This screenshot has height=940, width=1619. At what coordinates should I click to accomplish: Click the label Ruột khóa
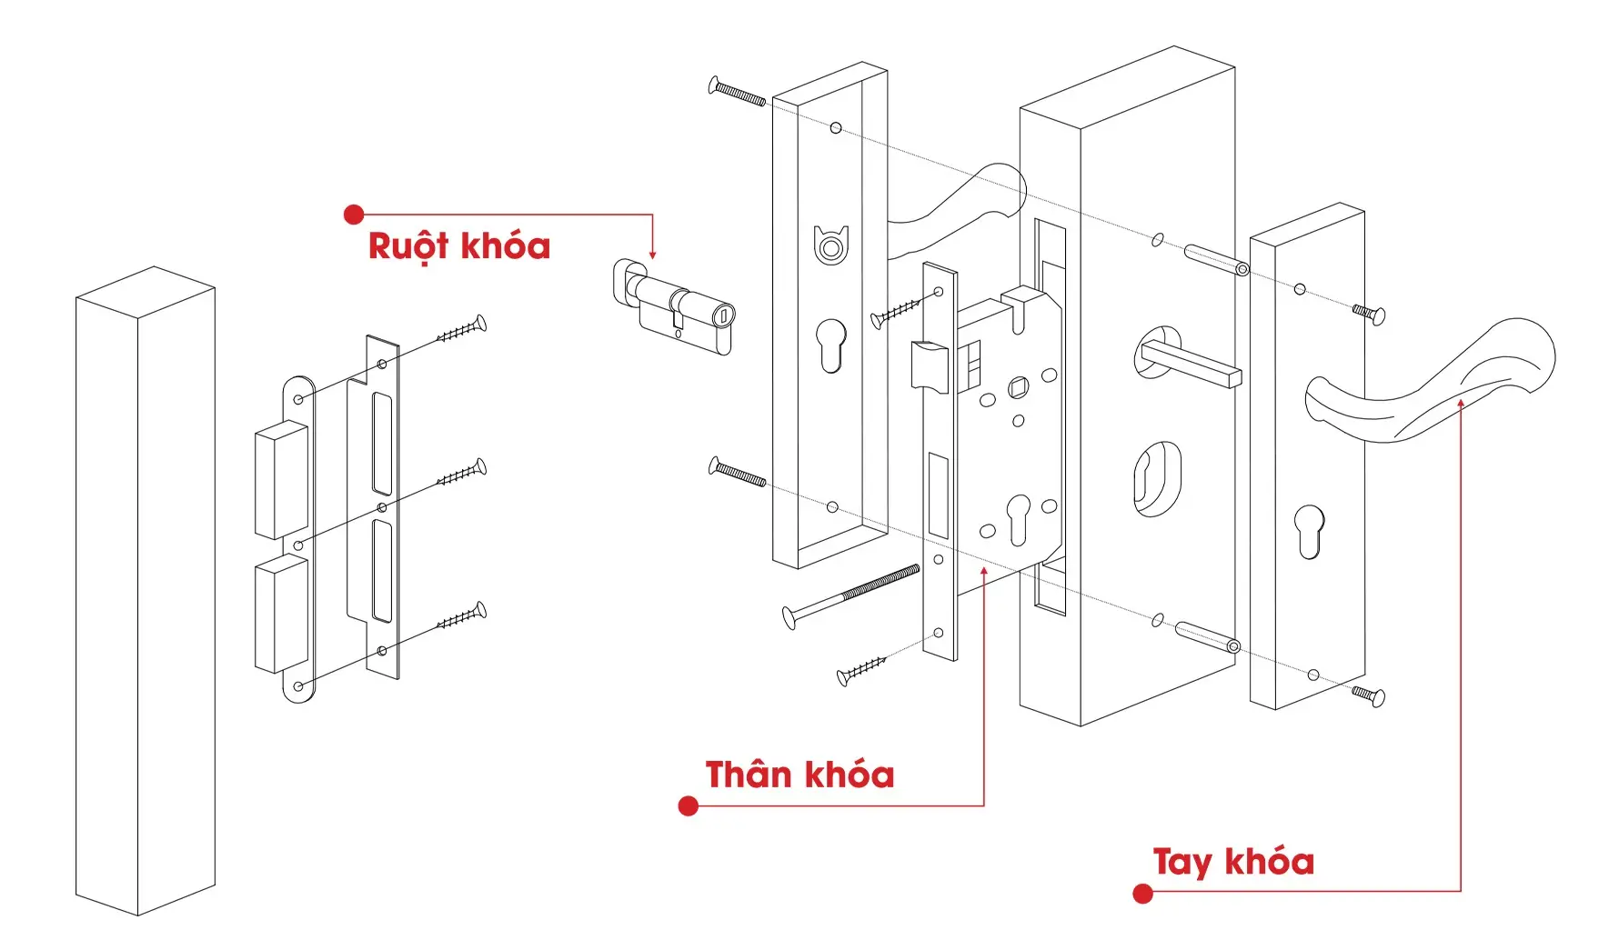pos(459,246)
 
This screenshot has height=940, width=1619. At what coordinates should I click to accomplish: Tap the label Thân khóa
pos(799,775)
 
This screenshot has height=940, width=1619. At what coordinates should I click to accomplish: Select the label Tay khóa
pos(1233,861)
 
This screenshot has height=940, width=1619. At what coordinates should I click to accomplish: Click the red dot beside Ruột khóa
pos(354,215)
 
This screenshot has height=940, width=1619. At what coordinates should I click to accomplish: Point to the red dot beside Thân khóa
pos(689,805)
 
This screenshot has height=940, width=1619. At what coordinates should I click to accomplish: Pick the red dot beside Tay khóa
pos(1143,894)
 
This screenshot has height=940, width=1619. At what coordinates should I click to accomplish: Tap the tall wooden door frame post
pos(146,591)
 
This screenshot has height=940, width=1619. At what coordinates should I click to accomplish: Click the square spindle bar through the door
pos(1192,364)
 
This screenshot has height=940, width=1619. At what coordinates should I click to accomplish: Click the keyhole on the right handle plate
pos(1310,530)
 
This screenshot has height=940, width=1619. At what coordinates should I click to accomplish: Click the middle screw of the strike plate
pos(462,474)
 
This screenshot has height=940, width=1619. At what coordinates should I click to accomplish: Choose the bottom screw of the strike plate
pos(462,617)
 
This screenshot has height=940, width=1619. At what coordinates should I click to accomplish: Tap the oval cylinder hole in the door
pos(1158,478)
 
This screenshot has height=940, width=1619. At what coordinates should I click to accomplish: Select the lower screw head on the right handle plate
pos(1369,695)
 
